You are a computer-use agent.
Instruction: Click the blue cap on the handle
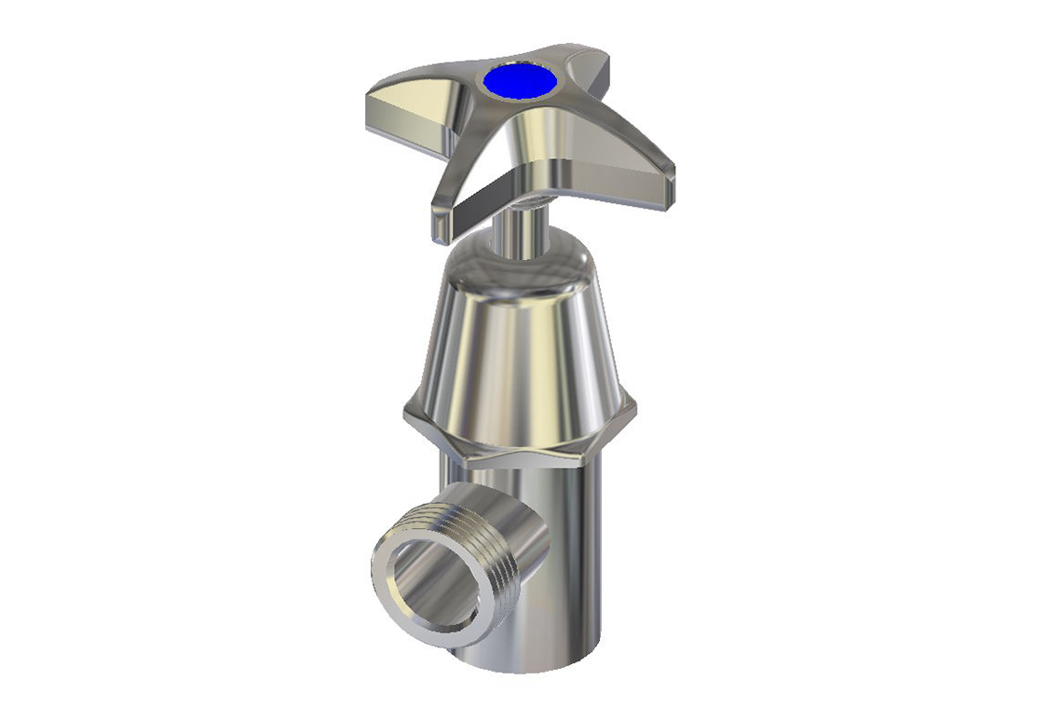click(x=520, y=80)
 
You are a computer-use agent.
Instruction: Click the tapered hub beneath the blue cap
click(x=522, y=140)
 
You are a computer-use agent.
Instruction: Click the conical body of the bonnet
click(x=517, y=345)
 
